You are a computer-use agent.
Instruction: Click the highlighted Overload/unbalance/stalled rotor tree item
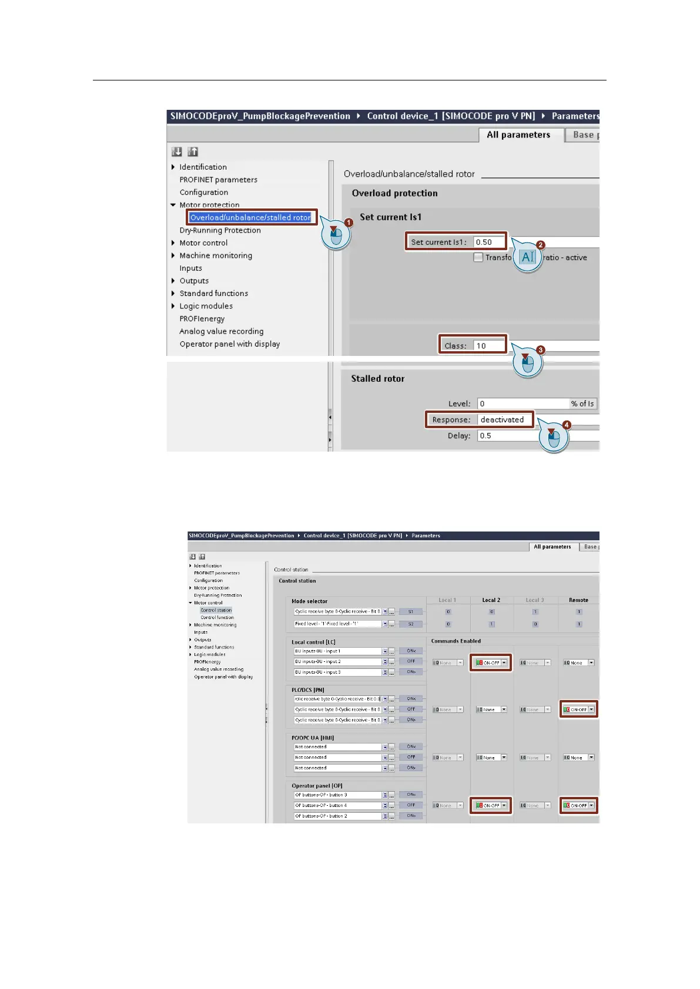tap(250, 217)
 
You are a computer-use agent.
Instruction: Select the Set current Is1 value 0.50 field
tap(489, 242)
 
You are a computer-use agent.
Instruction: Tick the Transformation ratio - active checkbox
tap(478, 257)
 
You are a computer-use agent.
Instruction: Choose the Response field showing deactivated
tap(504, 419)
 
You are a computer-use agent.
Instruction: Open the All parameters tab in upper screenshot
tap(518, 134)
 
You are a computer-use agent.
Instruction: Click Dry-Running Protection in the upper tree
tap(220, 230)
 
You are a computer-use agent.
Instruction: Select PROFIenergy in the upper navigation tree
tap(202, 319)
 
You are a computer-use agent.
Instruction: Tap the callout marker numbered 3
tap(540, 350)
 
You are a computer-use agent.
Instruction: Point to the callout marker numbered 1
tap(349, 223)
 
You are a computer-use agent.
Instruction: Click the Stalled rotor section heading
tap(377, 379)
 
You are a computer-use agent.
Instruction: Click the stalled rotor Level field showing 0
tap(523, 403)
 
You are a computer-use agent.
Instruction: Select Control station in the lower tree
tap(216, 610)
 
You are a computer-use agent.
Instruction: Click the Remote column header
tap(578, 600)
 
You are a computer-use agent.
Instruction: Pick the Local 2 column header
tap(491, 600)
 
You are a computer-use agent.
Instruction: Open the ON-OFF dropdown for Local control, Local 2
tap(504, 662)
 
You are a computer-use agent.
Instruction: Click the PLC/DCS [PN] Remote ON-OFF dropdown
tap(591, 709)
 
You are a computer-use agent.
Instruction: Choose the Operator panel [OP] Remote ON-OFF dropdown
tap(591, 805)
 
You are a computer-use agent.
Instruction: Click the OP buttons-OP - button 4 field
tap(337, 805)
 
